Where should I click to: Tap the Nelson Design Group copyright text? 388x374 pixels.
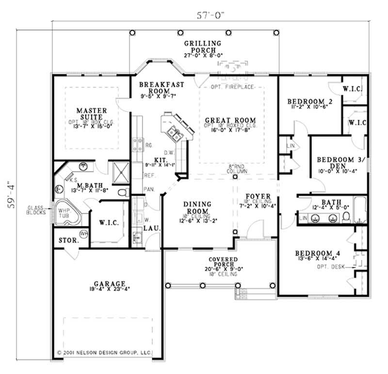coord(104,351)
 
